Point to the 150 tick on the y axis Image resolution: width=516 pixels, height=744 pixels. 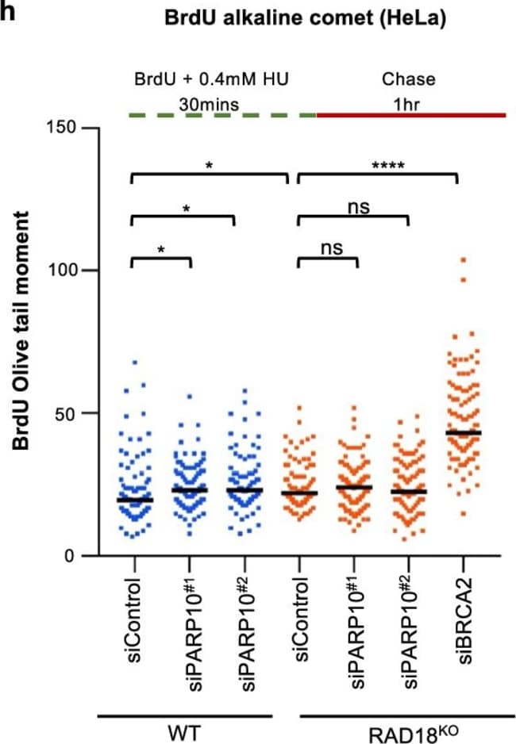pyautogui.click(x=65, y=128)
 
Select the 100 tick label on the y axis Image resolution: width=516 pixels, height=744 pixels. pyautogui.click(x=65, y=270)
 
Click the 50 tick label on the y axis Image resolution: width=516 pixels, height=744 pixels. pyautogui.click(x=70, y=413)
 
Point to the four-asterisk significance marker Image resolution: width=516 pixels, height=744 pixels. pyautogui.click(x=388, y=166)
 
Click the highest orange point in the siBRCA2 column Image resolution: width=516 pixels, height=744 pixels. pyautogui.click(x=464, y=259)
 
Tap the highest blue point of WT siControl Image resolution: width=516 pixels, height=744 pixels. pyautogui.click(x=135, y=362)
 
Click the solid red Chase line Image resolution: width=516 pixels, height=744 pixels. pyautogui.click(x=411, y=115)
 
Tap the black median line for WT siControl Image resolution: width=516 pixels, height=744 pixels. pyautogui.click(x=134, y=500)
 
